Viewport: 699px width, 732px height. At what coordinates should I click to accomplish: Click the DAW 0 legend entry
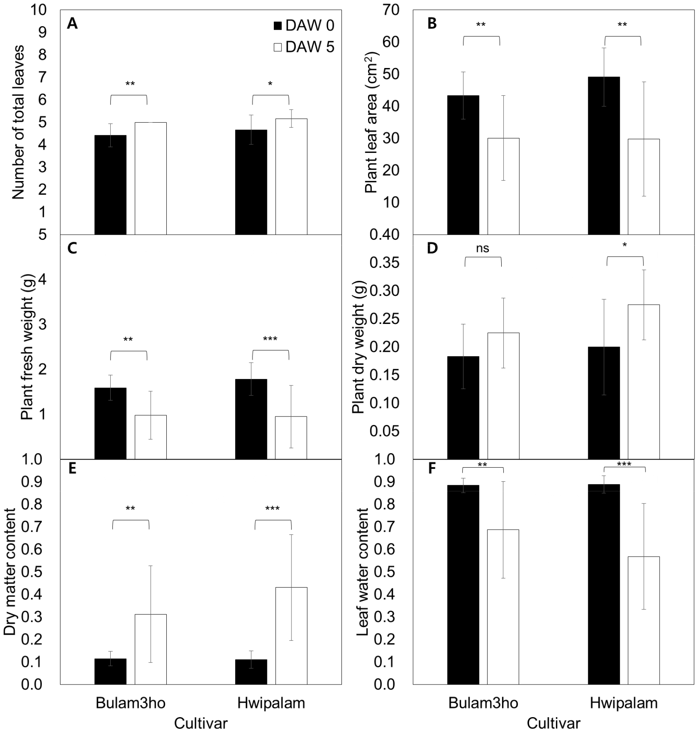(304, 26)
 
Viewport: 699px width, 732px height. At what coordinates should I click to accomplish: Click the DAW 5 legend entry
(304, 47)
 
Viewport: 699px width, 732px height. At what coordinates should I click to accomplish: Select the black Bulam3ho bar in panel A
(110, 185)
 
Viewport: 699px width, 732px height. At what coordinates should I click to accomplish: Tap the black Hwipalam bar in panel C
(251, 419)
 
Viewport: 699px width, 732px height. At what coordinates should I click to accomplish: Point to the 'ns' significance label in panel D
(482, 248)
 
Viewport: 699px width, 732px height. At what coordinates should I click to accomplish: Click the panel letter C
(72, 249)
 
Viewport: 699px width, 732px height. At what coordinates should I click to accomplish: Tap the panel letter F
(432, 469)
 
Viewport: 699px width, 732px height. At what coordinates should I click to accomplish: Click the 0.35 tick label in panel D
(384, 263)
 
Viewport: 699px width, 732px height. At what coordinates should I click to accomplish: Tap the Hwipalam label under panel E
(271, 703)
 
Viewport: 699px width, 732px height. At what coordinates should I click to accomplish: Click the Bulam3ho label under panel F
(483, 703)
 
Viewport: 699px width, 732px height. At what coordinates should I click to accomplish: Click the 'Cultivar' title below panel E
(201, 723)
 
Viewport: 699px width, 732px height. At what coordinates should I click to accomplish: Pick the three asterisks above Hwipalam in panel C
(270, 339)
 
